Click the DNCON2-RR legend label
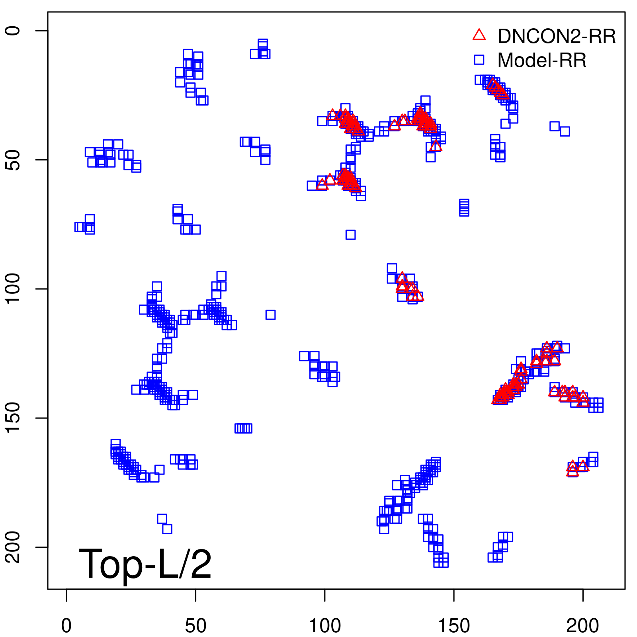coord(556,36)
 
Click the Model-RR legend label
coord(542,61)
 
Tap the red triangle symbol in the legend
coord(479,35)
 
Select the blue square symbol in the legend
coord(479,60)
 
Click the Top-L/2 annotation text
coord(145,564)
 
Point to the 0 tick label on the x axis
coord(66,626)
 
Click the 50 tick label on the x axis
coord(195,626)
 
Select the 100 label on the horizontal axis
coord(325,626)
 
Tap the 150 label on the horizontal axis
coord(454,626)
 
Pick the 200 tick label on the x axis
coord(583,626)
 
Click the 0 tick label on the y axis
coord(13,31)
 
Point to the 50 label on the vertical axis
coord(13,160)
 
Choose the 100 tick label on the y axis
coord(13,289)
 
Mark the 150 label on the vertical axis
coord(13,418)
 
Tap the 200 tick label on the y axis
coord(13,547)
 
